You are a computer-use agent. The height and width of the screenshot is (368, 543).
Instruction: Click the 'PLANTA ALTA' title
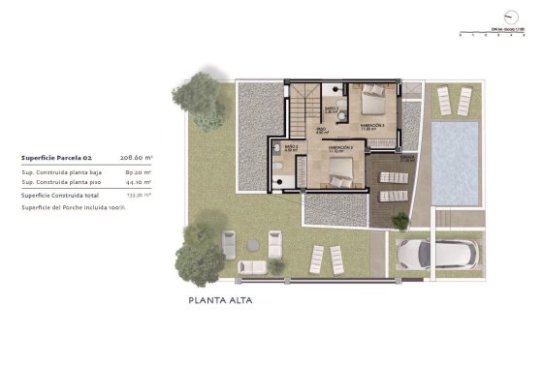tap(221, 301)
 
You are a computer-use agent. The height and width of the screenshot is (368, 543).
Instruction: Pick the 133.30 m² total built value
tap(139, 194)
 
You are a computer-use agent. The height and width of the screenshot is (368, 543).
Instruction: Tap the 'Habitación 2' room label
tap(339, 148)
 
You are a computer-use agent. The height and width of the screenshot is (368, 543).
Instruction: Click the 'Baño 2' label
tap(291, 148)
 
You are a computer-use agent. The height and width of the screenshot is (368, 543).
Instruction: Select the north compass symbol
tap(511, 16)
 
